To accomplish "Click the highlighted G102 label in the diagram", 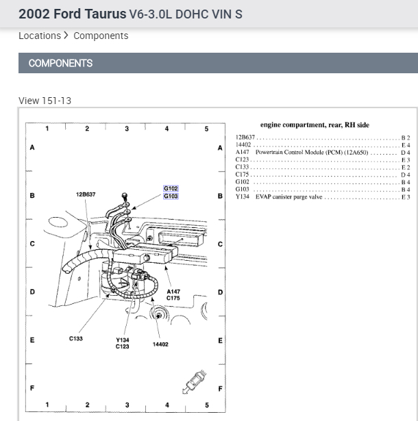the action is (x=171, y=188).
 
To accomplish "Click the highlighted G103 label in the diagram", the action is (x=171, y=196).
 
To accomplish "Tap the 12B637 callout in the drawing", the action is (x=86, y=194).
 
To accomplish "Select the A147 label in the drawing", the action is (x=173, y=292).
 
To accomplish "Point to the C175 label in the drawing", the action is (x=173, y=298).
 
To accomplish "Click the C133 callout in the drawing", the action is (x=76, y=338).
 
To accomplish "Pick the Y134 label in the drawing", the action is (x=122, y=340).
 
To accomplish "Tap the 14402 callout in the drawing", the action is (x=160, y=344).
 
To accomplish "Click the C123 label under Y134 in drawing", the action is (x=122, y=347).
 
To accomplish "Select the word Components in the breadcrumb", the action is (x=101, y=36).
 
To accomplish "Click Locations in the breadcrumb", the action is (x=40, y=36).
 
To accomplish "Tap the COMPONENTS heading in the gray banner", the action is (x=60, y=63).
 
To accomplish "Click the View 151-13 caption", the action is (x=45, y=101).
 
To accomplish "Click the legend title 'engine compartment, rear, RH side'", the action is (x=315, y=125).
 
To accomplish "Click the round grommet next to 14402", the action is (x=159, y=316).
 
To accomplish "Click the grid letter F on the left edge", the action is (x=32, y=388).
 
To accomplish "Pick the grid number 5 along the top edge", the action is (x=206, y=129).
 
